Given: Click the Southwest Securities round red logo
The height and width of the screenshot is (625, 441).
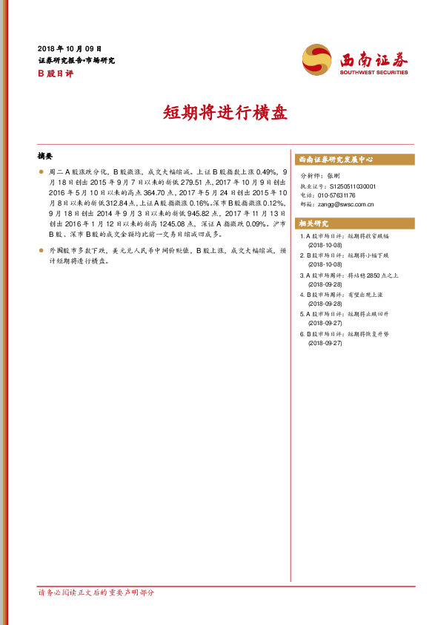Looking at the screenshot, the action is tap(317, 59).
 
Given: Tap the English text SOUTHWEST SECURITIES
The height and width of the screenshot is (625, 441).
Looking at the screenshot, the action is tap(374, 72).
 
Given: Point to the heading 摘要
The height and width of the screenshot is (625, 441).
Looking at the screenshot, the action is tap(45, 157).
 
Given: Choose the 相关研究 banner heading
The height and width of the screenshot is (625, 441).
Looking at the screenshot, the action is tap(314, 223).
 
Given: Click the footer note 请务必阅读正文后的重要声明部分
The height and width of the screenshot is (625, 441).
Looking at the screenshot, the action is tap(96, 592).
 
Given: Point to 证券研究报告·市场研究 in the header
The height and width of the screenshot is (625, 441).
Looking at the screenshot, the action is tap(76, 60).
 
